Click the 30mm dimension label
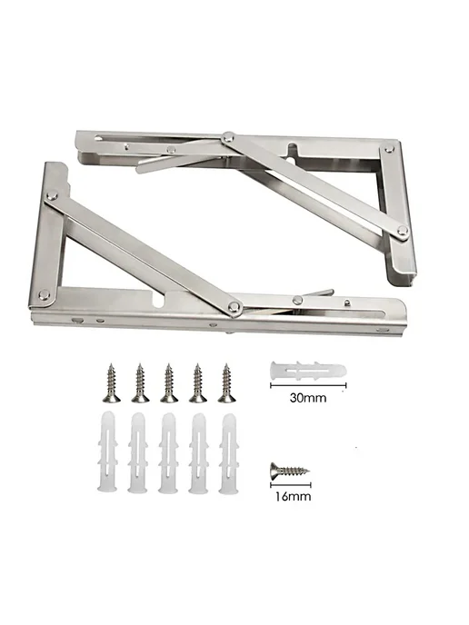click(308, 398)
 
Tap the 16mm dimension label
click(293, 496)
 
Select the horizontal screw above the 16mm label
click(290, 471)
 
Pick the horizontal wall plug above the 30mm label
click(308, 371)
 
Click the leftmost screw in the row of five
click(112, 382)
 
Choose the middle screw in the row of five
click(169, 382)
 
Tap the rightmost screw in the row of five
click(227, 382)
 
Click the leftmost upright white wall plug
click(107, 452)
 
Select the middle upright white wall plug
click(168, 452)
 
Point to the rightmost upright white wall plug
click(229, 453)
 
